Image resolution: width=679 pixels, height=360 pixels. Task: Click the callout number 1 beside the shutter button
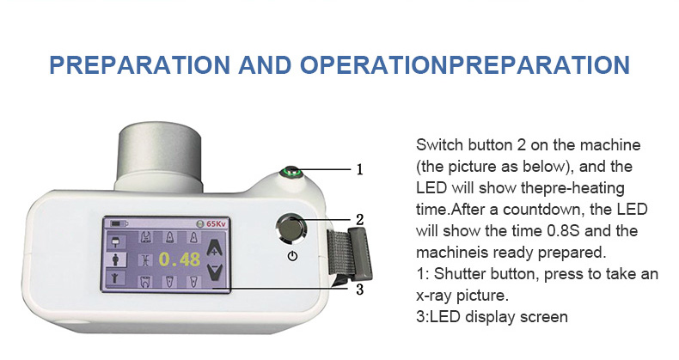point(359,169)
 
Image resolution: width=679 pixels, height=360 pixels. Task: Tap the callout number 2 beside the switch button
point(359,220)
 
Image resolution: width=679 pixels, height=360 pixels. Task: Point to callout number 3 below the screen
point(359,289)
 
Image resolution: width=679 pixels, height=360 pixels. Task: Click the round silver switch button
point(291,228)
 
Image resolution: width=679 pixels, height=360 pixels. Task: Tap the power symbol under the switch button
point(293,256)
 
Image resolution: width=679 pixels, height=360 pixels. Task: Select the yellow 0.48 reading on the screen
point(180,259)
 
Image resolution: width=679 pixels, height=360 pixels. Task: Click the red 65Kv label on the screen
point(216,223)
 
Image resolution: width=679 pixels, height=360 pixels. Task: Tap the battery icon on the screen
point(119,223)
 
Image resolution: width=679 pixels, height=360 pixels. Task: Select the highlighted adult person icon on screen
point(116,259)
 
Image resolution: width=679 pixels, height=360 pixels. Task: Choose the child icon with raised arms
point(116,278)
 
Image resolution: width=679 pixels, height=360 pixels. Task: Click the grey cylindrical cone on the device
point(160,156)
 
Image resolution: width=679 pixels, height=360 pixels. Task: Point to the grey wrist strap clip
point(351,254)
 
